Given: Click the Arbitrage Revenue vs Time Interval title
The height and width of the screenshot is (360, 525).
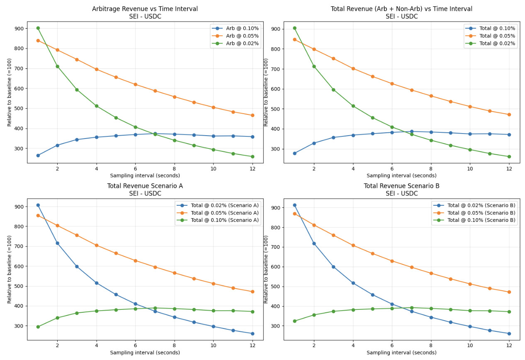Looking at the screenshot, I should pos(145,9).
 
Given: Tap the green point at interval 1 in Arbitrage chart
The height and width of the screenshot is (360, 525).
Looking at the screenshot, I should pos(38,28).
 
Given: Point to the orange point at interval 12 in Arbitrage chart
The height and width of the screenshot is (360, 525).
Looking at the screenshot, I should pos(252,115).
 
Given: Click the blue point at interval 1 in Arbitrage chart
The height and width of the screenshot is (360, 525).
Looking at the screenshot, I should pos(38,156).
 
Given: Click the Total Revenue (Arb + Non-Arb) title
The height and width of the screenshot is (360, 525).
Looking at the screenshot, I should pos(401,9).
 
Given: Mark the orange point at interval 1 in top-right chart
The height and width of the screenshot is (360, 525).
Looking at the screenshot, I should pos(294,39).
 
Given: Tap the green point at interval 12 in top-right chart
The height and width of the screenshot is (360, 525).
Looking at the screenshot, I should pos(509,157).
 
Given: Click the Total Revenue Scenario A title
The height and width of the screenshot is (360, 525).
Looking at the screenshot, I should pos(145,186).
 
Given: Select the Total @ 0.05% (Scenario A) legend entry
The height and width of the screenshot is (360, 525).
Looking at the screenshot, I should pos(224,213).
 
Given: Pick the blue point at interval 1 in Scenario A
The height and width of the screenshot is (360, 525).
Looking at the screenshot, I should pos(38,205).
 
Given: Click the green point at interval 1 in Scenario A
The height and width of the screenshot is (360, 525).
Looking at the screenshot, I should pos(38,327).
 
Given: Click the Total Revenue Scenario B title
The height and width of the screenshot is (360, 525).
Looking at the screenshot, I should pos(401,186).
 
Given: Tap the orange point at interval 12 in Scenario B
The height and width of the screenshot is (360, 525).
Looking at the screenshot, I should pos(509,292).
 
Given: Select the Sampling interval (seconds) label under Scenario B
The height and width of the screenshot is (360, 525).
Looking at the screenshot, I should pos(401,353).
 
